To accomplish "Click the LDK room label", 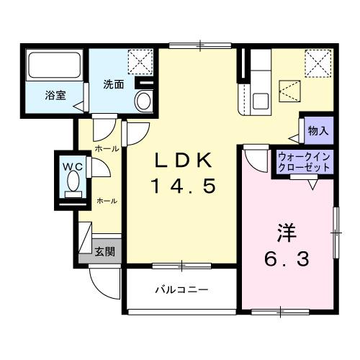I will tap(182, 160).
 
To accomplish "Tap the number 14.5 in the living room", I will tap(182, 186).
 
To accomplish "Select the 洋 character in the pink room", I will tap(285, 233).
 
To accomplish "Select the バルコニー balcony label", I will tap(182, 290).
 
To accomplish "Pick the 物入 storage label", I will tap(318, 130).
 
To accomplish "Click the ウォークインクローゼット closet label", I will tap(304, 161).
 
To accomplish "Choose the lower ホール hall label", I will tap(107, 201).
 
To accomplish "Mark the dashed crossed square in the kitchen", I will tap(292, 92).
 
